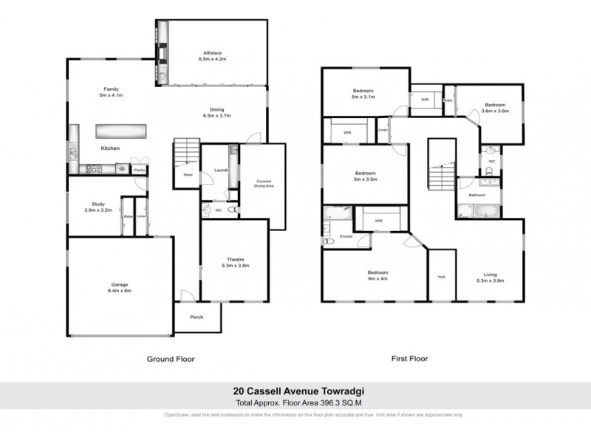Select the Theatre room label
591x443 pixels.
tap(236, 259)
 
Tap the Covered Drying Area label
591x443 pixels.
tap(264, 184)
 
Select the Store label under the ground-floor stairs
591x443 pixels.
tap(187, 175)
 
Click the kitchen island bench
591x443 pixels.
tap(120, 131)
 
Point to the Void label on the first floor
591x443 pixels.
tap(441, 277)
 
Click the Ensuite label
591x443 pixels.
tap(345, 237)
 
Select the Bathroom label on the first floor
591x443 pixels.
tap(477, 195)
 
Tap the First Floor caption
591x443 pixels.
tap(409, 359)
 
